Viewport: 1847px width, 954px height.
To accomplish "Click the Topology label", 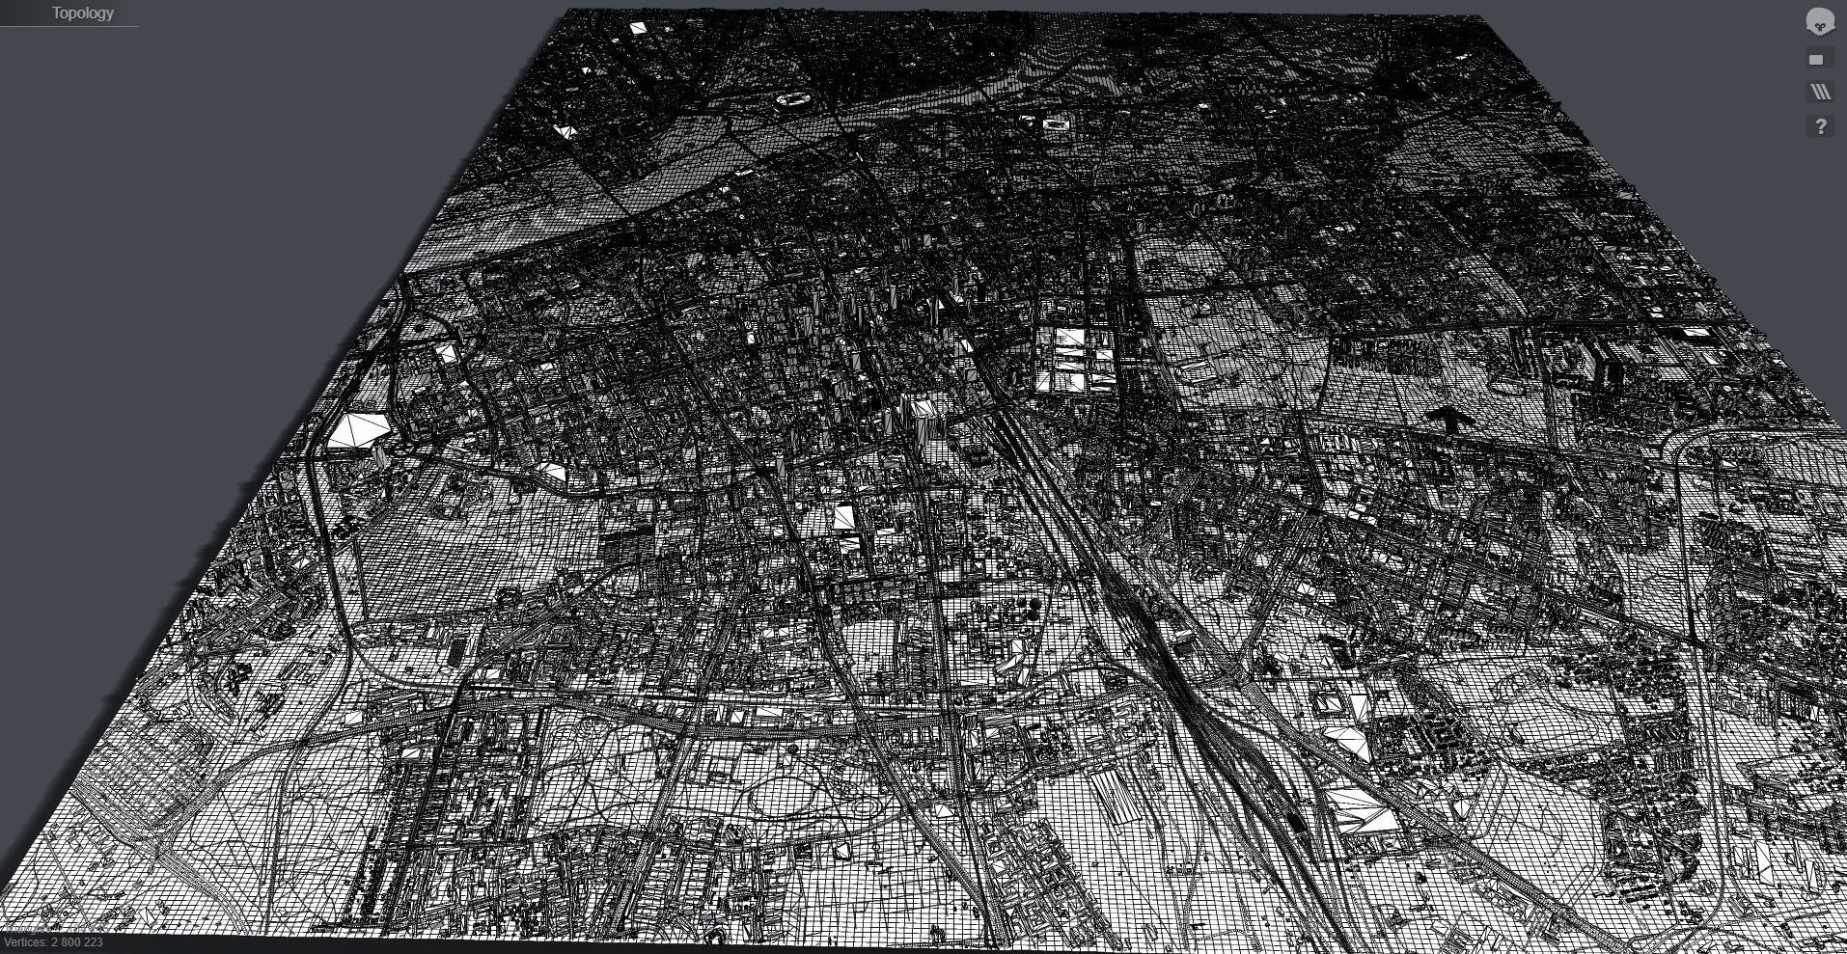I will pyautogui.click(x=82, y=14).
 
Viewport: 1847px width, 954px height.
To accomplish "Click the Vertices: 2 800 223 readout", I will pyautogui.click(x=54, y=942).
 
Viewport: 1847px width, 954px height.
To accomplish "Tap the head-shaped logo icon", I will pyautogui.click(x=1819, y=21).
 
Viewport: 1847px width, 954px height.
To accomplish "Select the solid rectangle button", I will pyautogui.click(x=1816, y=60).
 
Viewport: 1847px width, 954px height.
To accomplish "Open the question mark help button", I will pyautogui.click(x=1820, y=126).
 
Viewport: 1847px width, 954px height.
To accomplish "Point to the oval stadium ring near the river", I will pyautogui.click(x=794, y=99).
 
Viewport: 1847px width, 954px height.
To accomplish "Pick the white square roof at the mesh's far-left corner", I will pyautogui.click(x=638, y=29).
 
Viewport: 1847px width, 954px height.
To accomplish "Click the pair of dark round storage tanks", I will pyautogui.click(x=1030, y=607).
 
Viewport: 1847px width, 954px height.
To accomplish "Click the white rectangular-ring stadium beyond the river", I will pyautogui.click(x=1058, y=123).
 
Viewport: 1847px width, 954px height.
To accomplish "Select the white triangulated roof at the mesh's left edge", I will pyautogui.click(x=565, y=131).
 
